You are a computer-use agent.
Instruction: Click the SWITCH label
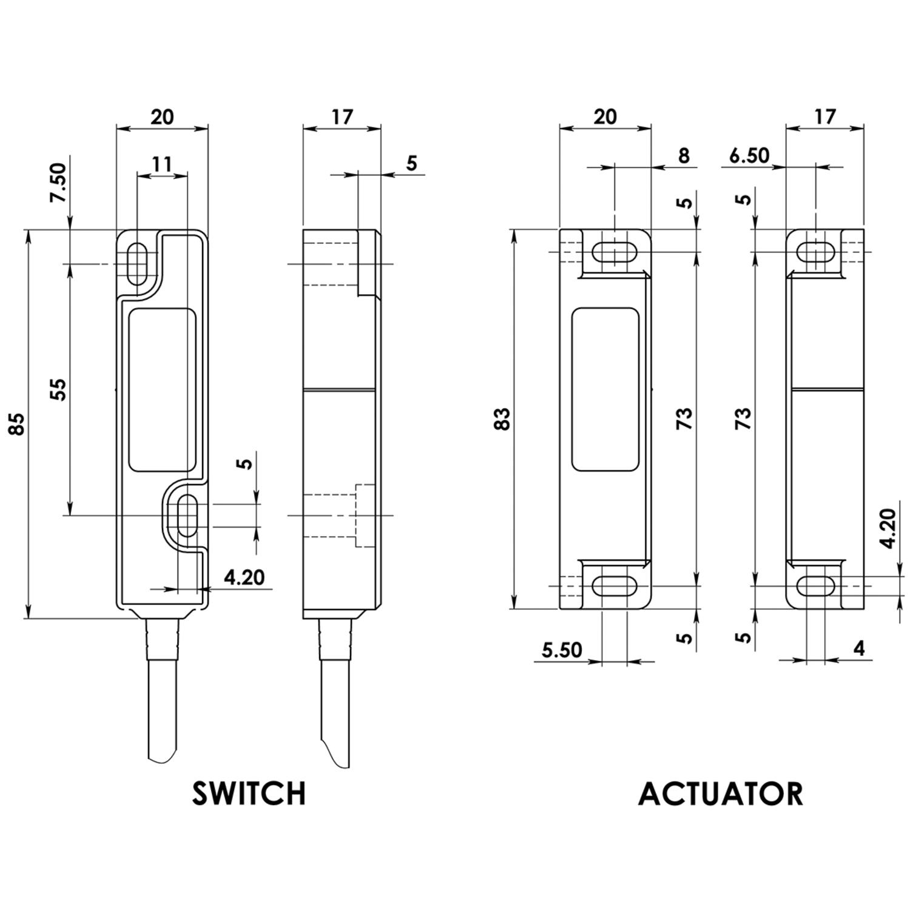click(x=249, y=794)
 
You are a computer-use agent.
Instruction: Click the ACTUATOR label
click(x=721, y=794)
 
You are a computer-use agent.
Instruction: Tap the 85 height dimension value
click(x=18, y=423)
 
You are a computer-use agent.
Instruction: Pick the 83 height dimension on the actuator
click(x=503, y=419)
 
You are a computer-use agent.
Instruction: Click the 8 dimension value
click(x=684, y=155)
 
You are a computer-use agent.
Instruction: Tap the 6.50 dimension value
click(x=749, y=155)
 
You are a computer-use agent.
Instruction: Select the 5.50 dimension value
click(x=562, y=650)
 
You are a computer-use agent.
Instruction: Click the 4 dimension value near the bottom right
click(x=859, y=649)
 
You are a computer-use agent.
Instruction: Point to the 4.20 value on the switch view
click(x=244, y=577)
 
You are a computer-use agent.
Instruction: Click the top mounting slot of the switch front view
click(x=139, y=264)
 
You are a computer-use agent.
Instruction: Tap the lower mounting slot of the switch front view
click(x=188, y=515)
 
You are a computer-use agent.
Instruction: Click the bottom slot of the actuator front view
click(x=614, y=586)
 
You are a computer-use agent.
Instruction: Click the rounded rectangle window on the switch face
click(x=163, y=390)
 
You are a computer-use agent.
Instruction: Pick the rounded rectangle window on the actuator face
click(x=605, y=389)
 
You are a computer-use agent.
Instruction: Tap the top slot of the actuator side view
click(x=815, y=252)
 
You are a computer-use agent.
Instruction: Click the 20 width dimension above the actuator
click(x=605, y=116)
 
